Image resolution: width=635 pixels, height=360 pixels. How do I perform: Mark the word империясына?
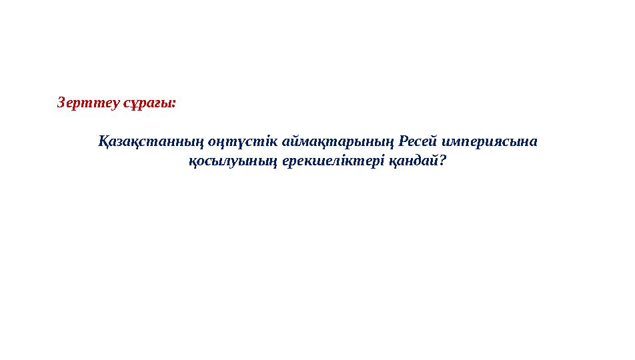coord(491,142)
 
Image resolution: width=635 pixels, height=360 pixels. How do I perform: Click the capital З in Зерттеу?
coord(61,103)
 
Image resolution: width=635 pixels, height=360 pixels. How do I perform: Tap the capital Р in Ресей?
coord(402,142)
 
